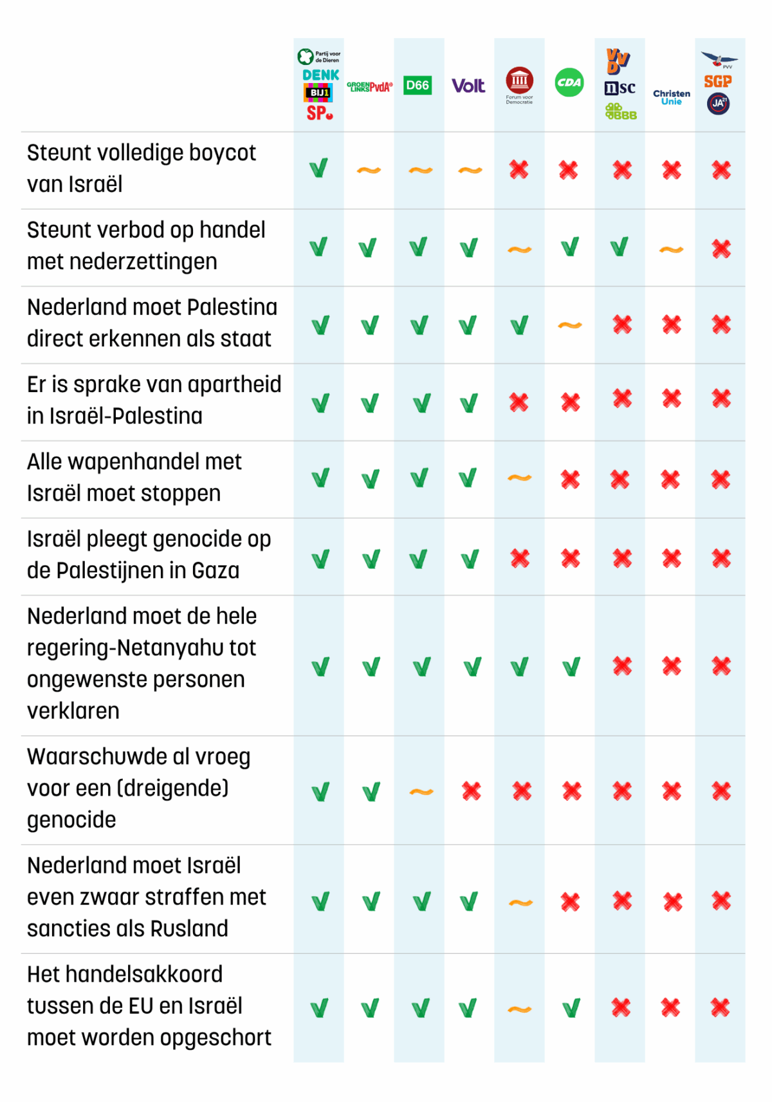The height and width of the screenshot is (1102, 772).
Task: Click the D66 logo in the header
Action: tap(418, 85)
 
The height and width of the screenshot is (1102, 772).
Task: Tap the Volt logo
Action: tap(468, 86)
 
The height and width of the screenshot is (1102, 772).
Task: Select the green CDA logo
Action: tap(569, 82)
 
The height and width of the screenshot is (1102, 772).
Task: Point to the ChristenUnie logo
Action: tap(672, 97)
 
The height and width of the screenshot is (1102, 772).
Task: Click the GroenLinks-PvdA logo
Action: tap(369, 87)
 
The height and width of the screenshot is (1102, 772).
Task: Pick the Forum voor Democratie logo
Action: tap(519, 84)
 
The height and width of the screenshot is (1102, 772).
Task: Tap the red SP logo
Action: tap(320, 113)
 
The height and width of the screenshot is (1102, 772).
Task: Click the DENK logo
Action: tap(320, 75)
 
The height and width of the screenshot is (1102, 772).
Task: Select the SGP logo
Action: tap(718, 82)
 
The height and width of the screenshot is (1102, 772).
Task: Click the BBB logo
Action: tap(621, 111)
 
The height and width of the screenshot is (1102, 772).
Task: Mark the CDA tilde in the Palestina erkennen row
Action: tap(570, 325)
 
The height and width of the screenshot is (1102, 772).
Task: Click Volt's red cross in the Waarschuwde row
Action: tap(472, 791)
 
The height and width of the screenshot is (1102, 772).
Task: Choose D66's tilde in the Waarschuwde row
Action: tap(421, 792)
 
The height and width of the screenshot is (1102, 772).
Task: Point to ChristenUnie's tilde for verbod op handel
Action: tap(672, 249)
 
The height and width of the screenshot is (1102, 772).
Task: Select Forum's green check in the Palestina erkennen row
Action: tap(520, 325)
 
